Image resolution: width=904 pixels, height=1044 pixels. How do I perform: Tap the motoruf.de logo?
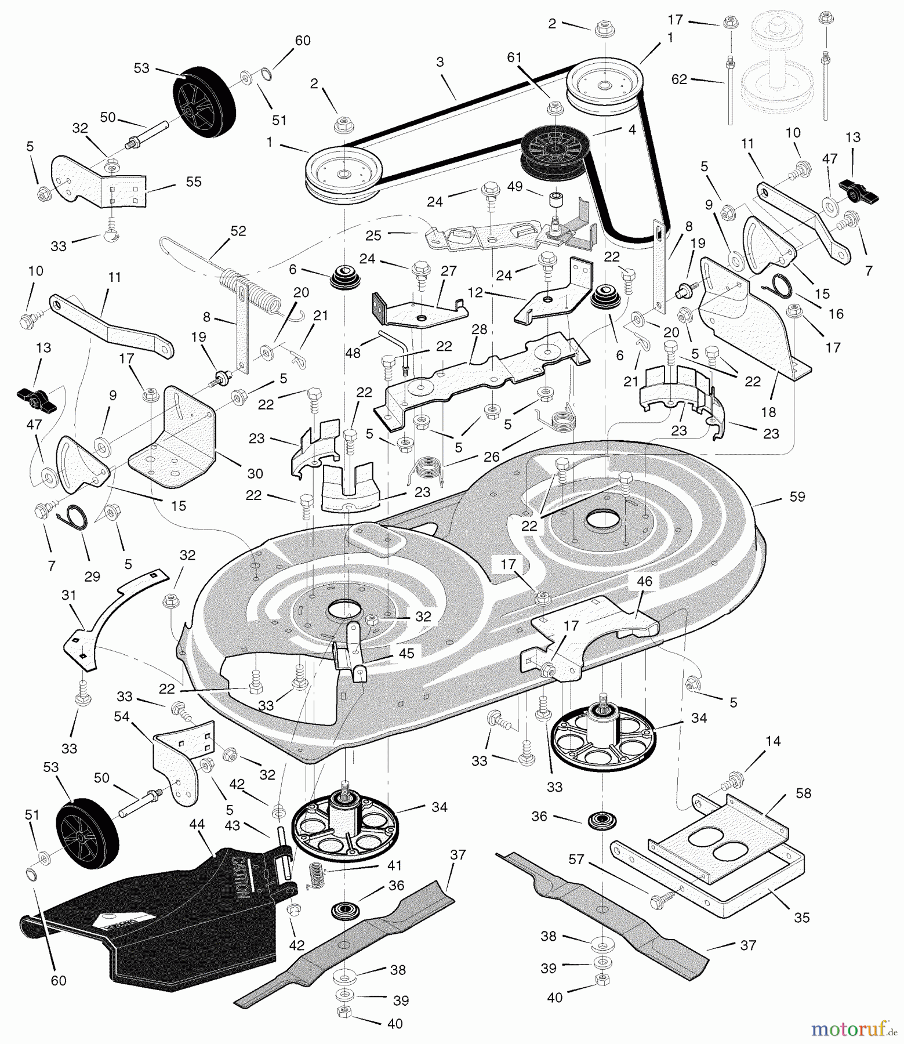point(852,1029)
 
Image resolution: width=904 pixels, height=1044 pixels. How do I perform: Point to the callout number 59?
point(797,496)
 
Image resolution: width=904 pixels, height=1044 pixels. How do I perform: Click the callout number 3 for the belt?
point(440,62)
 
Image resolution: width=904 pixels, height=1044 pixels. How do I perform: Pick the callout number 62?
point(679,79)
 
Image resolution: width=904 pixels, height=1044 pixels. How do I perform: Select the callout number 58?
point(804,793)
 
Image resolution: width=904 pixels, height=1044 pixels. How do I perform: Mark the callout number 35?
point(801,918)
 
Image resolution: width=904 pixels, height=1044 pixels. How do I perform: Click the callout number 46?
point(644,581)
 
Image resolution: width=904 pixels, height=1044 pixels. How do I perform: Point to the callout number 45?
point(406,653)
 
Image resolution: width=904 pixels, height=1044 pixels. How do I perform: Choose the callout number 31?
point(69,595)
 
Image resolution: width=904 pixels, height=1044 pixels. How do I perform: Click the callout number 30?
point(255,473)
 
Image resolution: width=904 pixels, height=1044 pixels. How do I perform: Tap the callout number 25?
point(373,235)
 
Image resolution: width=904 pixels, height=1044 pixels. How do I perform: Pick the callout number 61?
point(514,57)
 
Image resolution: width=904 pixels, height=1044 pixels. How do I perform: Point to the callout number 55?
point(193,182)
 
